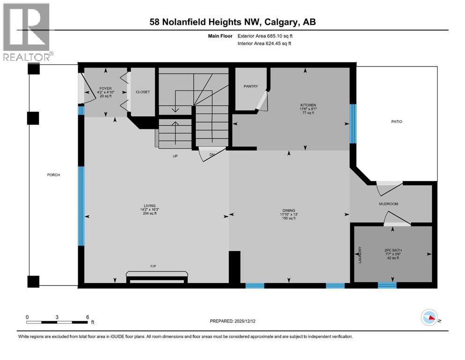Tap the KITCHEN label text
click(308, 105)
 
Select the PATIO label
click(398, 122)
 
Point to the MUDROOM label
click(388, 204)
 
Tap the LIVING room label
click(148, 210)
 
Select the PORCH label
click(53, 175)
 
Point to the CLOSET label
click(143, 92)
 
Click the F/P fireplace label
click(153, 266)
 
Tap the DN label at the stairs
click(212, 154)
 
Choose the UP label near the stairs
click(175, 156)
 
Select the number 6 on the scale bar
click(87, 317)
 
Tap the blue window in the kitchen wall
click(353, 123)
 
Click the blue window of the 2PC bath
click(387, 285)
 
